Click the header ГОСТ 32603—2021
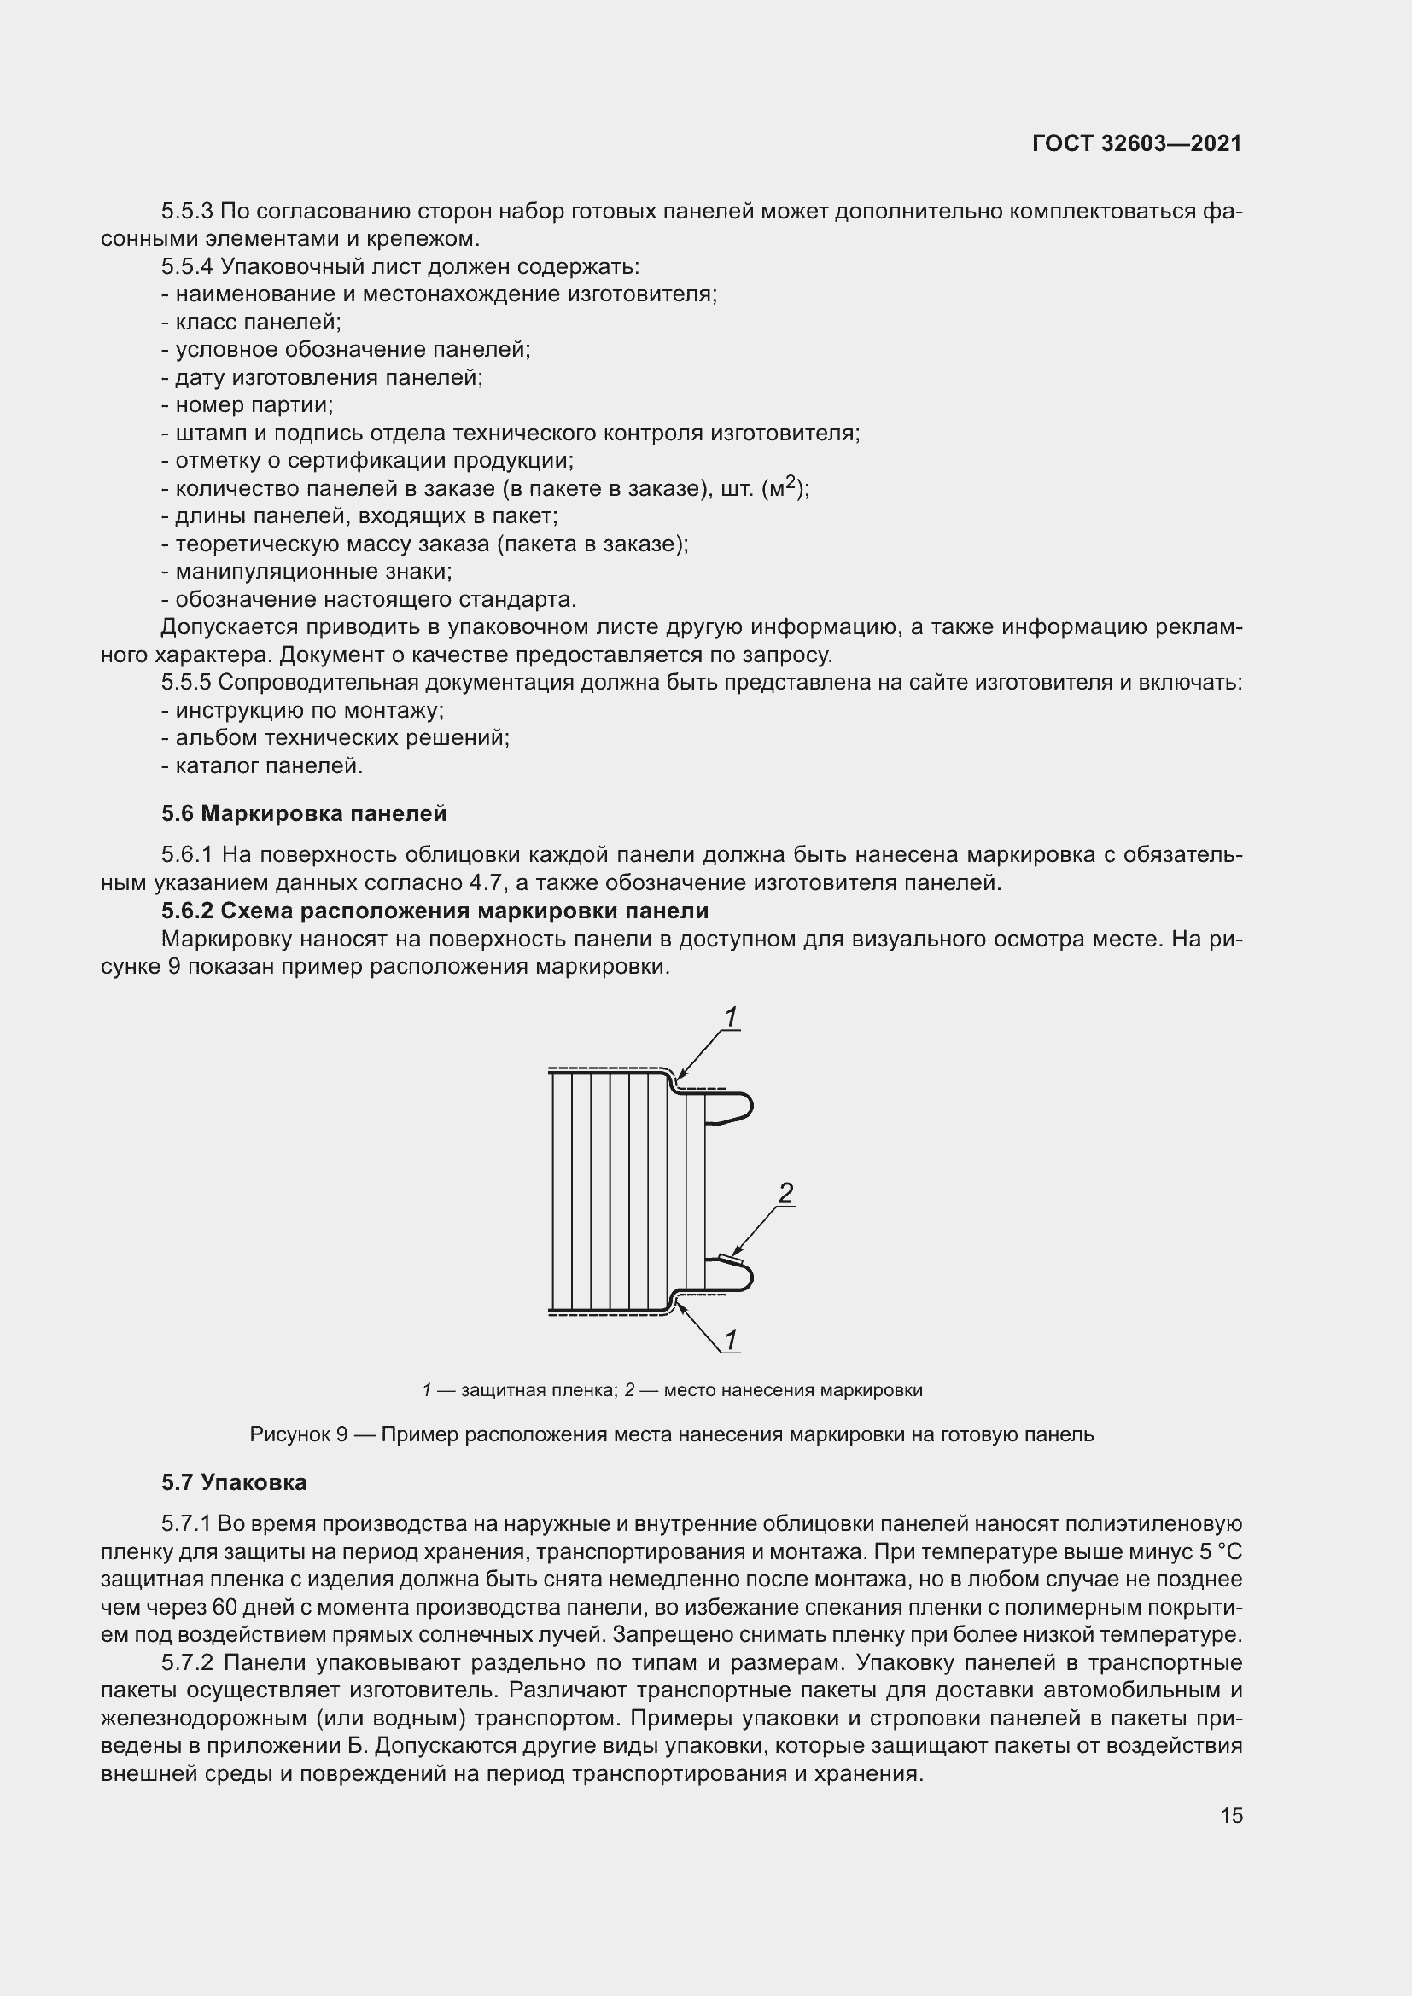1136,143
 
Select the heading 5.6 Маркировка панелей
303,814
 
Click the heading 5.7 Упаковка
234,1483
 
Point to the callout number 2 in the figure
785,1195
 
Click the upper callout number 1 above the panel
732,1017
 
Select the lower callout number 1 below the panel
732,1341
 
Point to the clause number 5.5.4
186,266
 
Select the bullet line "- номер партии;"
248,405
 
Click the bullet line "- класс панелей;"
251,322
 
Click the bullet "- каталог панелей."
262,765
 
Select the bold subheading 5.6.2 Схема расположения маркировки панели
435,911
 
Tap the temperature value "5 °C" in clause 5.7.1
1214,1551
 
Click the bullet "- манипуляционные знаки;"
307,572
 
